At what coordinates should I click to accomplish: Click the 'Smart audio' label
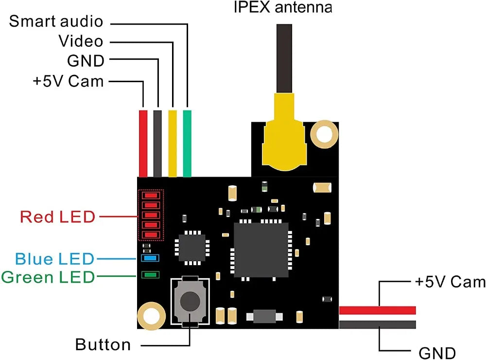[56, 21]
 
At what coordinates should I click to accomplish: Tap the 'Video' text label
[81, 41]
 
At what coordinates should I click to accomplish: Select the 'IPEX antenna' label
[283, 8]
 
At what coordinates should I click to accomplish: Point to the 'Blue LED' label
[54, 258]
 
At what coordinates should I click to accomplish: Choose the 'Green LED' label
[47, 277]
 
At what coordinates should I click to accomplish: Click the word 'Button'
[103, 345]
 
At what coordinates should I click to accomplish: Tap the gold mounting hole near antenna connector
[324, 133]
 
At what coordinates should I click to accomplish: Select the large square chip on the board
[261, 250]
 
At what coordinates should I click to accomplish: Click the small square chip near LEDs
[192, 249]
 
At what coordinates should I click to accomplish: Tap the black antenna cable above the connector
[284, 58]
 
